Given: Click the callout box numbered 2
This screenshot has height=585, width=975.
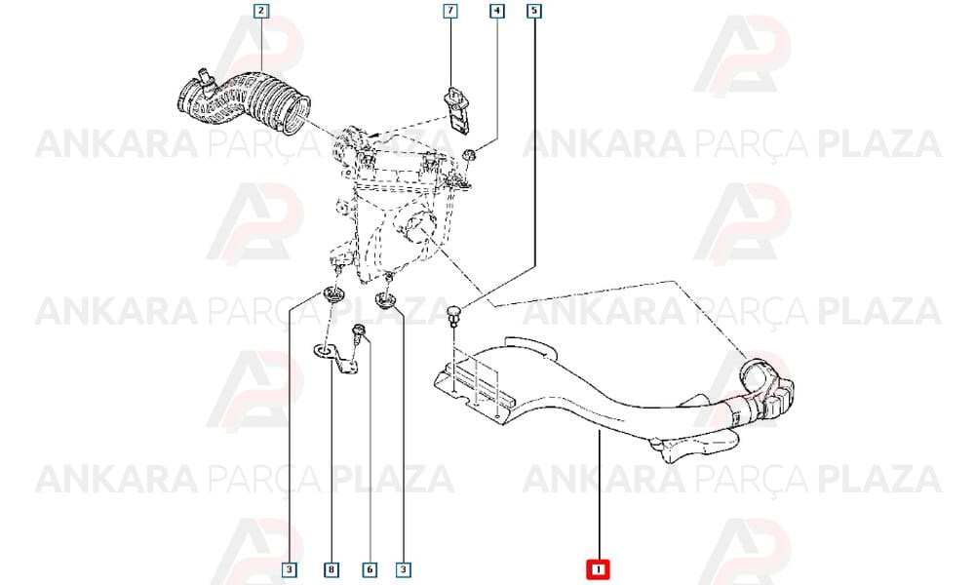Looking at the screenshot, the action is [261, 11].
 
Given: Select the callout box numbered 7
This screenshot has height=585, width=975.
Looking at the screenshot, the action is [449, 11].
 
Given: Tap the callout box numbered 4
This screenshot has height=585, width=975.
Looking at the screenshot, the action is [496, 11].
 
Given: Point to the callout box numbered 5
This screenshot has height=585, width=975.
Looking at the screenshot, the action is [534, 11].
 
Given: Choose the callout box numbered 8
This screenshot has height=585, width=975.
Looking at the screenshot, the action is [331, 569].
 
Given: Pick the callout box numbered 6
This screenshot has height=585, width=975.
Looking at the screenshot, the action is [370, 569].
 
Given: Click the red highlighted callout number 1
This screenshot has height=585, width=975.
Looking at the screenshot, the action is [599, 569].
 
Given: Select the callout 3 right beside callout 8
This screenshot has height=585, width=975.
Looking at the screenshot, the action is [290, 569].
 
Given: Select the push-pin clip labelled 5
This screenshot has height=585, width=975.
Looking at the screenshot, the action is [456, 314].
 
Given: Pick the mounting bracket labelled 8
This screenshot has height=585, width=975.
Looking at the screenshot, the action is [338, 361].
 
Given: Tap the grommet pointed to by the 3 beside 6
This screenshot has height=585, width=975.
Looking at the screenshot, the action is [387, 301].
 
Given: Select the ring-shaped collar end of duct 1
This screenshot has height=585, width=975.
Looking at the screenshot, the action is [755, 374].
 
